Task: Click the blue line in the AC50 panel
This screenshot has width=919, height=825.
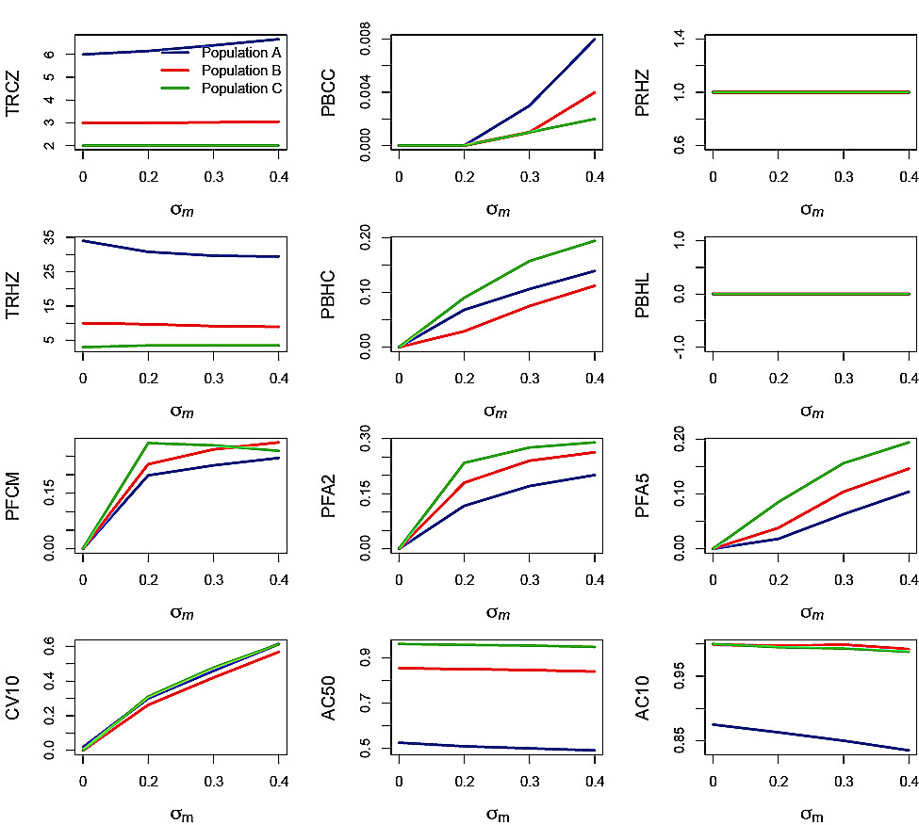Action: tap(496, 747)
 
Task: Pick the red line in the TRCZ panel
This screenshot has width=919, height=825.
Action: tap(179, 122)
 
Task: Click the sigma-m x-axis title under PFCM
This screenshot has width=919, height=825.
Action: tap(181, 613)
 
